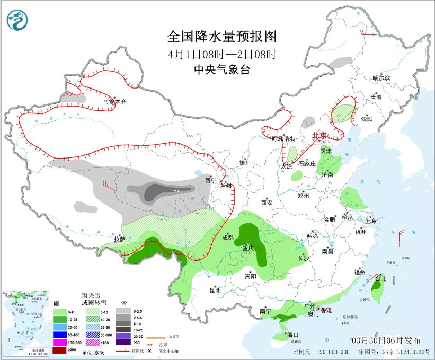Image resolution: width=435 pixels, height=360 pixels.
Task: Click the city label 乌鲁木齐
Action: pyautogui.click(x=114, y=102)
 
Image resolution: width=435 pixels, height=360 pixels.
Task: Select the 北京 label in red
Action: pyautogui.click(x=320, y=135)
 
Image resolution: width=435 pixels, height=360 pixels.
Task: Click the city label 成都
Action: pyautogui.click(x=227, y=238)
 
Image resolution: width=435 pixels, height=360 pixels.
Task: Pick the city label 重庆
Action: pyautogui.click(x=248, y=248)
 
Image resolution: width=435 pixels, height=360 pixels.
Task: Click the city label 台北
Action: pyautogui.click(x=381, y=278)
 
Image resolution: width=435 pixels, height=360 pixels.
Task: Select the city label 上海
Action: pyautogui.click(x=370, y=221)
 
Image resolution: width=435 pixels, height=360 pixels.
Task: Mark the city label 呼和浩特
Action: pyautogui.click(x=282, y=139)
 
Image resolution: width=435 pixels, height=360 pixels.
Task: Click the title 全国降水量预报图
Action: pyautogui.click(x=222, y=37)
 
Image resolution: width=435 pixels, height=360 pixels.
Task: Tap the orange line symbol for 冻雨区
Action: pyautogui.click(x=154, y=337)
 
